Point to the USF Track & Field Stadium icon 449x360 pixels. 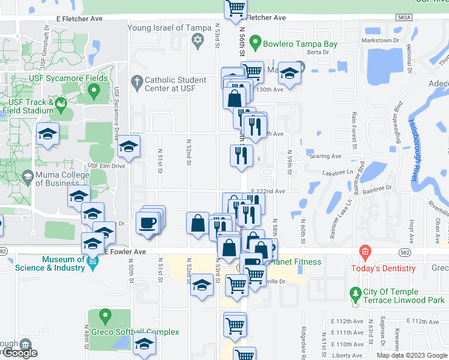click(61, 106)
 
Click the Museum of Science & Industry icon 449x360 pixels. click(93, 262)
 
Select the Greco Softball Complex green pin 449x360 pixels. click(106, 314)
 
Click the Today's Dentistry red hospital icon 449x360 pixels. click(364, 251)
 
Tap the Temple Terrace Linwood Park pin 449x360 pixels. click(355, 293)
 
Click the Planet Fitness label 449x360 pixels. click(297, 262)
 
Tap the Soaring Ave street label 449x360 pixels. click(325, 156)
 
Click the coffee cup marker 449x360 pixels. click(147, 224)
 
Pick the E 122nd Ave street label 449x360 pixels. click(272, 191)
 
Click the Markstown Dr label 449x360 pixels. click(381, 40)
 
